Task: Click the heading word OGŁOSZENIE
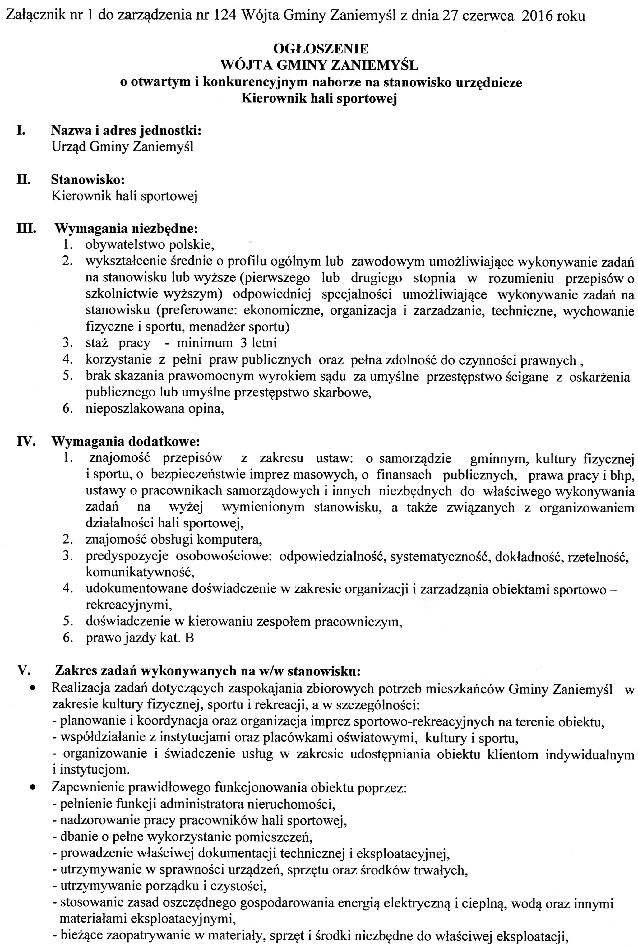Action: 321,49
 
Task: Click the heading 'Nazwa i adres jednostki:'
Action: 126,131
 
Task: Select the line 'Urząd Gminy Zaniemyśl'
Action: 123,147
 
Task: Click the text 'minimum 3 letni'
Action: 227,343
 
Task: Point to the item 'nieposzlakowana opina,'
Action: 155,409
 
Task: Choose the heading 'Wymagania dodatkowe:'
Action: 126,441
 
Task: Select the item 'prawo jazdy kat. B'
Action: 140,638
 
